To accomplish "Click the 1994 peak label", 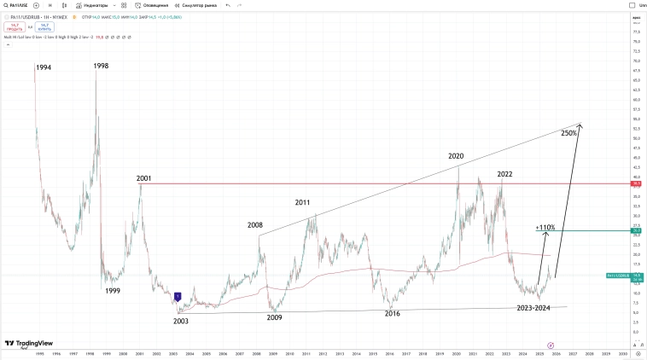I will point(43,67).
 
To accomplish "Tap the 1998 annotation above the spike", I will point(101,66).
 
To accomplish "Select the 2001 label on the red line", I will point(143,179).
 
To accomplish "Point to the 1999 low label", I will point(113,291).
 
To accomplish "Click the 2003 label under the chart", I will point(180,321).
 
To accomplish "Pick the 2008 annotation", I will point(255,225).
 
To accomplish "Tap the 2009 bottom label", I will point(274,317).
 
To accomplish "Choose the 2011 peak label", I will point(303,203).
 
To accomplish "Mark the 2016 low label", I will point(392,314).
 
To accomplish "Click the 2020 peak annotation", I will point(456,157).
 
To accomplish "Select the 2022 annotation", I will point(504,174).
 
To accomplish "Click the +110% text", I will point(545,228).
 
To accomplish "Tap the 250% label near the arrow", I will point(568,133).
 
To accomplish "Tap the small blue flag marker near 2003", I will point(178,297).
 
